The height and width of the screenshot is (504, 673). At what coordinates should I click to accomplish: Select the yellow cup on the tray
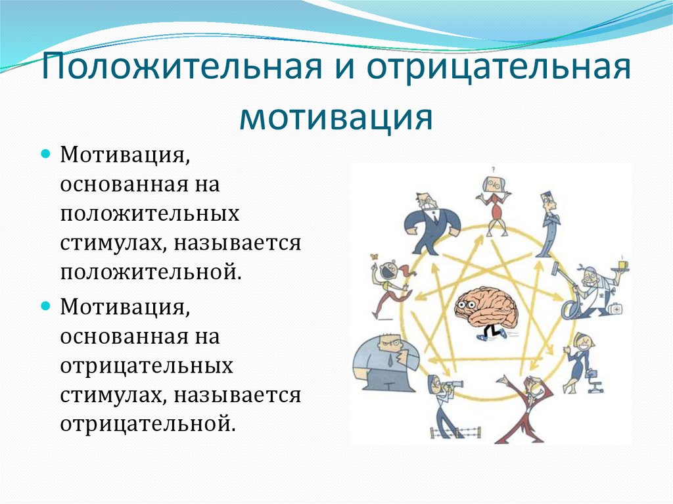[622, 264]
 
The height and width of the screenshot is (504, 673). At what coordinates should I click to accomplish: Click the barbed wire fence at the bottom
[455, 432]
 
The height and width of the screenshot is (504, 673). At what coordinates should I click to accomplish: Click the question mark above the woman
[492, 170]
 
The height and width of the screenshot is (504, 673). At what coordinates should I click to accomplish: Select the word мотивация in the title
[336, 118]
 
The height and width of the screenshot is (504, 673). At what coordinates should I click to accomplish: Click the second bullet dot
[46, 308]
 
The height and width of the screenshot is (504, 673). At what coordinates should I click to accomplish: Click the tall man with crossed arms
[547, 223]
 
